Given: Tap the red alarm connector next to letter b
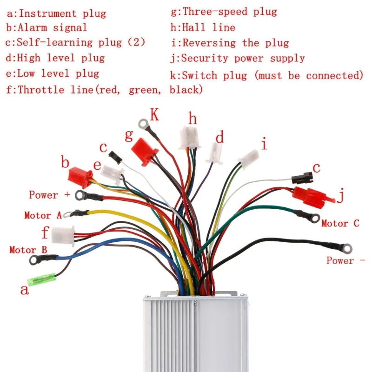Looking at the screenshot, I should [x=79, y=175].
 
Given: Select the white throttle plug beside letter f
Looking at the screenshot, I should [x=63, y=235].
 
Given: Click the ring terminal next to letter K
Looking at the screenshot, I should [x=144, y=123].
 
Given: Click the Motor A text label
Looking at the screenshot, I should [x=43, y=215].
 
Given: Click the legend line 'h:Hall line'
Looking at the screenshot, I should [x=203, y=27].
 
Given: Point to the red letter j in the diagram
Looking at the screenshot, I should [x=341, y=196].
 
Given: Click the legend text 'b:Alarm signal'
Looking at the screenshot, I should [x=46, y=27].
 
